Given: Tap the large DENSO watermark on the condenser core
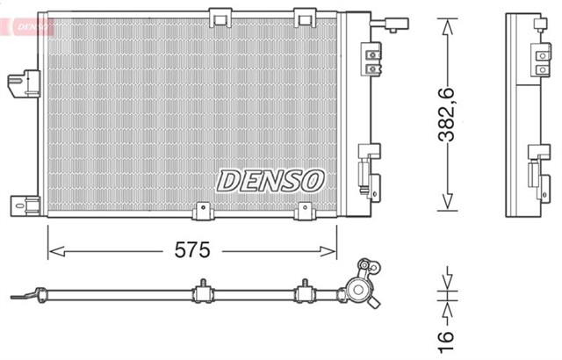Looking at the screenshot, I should [270, 180].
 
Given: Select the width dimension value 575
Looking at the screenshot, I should [192, 250].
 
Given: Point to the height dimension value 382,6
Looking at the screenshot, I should [448, 115].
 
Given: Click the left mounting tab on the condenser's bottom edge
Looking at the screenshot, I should [203, 212].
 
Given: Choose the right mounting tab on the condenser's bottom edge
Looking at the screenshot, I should [305, 212].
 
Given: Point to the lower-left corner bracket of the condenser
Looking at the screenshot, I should [25, 205].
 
